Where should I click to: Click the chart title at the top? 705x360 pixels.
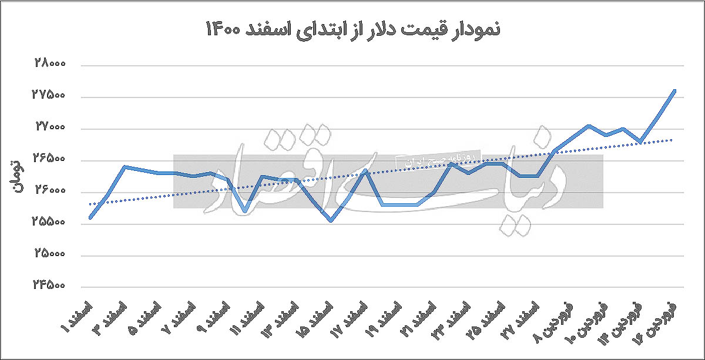pyautogui.click(x=352, y=29)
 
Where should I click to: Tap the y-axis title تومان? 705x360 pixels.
pyautogui.click(x=17, y=176)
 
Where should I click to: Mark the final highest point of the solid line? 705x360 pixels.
pyautogui.click(x=675, y=91)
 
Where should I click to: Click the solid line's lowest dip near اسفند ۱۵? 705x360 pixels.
pyautogui.click(x=331, y=221)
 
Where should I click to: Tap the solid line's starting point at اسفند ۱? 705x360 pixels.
pyautogui.click(x=90, y=218)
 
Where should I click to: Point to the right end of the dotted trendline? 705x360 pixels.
pyautogui.click(x=671, y=140)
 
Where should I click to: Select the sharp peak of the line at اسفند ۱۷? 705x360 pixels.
pyautogui.click(x=365, y=170)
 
